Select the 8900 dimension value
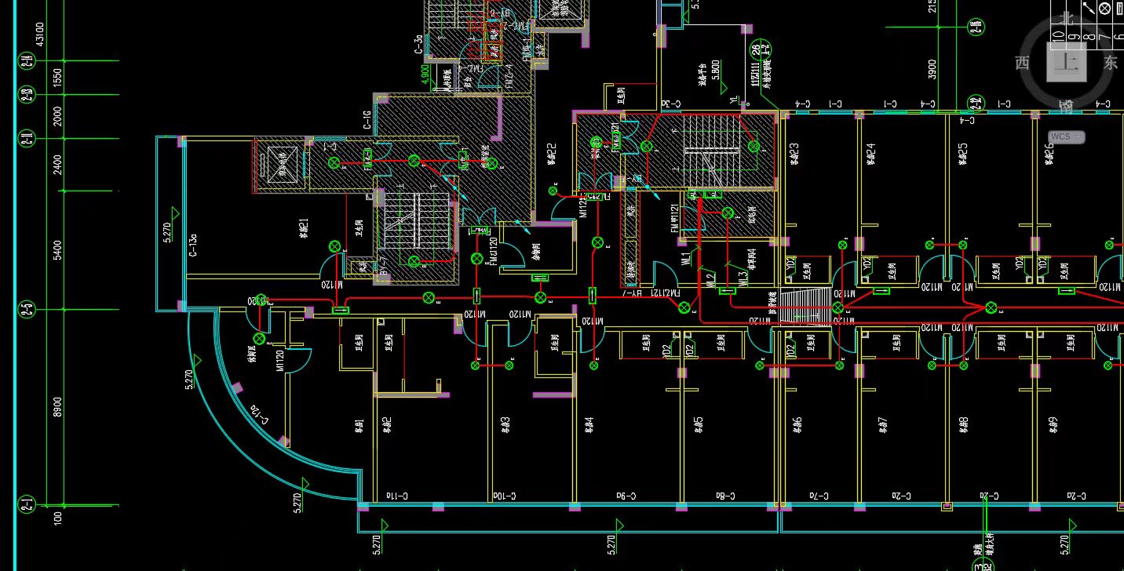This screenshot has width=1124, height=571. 57,407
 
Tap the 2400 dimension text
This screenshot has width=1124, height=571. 57,165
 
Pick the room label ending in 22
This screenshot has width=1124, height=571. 552,155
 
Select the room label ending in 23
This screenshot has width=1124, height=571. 794,155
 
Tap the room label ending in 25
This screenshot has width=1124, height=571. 963,155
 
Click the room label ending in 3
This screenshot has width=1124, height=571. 506,424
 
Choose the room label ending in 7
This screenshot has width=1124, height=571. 882,424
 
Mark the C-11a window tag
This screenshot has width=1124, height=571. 396,496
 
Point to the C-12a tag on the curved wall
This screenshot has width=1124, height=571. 258,416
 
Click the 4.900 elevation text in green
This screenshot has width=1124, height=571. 425,75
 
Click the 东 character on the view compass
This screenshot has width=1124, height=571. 1110,64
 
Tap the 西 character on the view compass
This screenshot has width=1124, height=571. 1022,64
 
